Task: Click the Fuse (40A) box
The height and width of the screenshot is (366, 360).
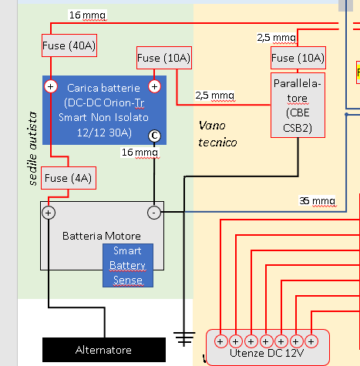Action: tap(69, 45)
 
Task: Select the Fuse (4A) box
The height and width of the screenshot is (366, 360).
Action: tap(69, 178)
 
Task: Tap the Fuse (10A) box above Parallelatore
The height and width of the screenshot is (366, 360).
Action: tap(298, 59)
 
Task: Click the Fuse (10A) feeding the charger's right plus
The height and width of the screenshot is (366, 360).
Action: tap(163, 58)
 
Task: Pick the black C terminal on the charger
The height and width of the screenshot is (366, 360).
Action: tap(154, 135)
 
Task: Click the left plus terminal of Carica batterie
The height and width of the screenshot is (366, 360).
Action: tap(51, 86)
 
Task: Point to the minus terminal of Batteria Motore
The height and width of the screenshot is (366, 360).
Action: tap(154, 211)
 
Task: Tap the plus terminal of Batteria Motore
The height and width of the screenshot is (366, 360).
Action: tap(49, 211)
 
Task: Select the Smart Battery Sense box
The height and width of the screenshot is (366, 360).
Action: tap(128, 265)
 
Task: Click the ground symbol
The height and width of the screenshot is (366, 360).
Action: tap(183, 337)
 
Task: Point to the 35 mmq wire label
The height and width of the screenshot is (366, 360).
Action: tap(318, 201)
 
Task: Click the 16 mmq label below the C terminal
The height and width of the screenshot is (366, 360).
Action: tap(140, 153)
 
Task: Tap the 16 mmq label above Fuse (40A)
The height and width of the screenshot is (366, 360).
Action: tap(87, 15)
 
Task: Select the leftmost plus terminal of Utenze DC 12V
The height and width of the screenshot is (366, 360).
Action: tap(220, 340)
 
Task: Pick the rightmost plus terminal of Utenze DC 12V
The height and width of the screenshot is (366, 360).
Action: tap(311, 340)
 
